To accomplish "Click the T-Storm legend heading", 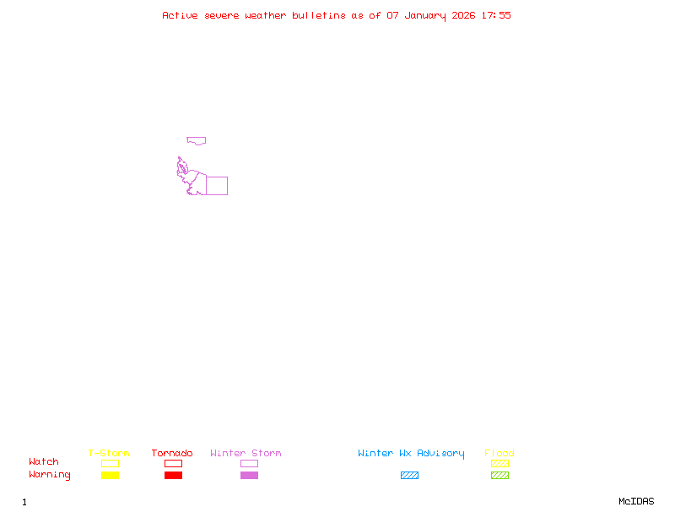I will [109, 454].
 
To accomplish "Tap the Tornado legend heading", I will [172, 454].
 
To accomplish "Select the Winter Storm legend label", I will [246, 454].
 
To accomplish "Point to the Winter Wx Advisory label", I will [411, 454].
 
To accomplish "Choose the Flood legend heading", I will [499, 454].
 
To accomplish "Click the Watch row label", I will [44, 462].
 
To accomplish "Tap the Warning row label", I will [50, 475].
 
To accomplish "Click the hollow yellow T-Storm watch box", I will [110, 463].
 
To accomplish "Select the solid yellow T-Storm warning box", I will [110, 475].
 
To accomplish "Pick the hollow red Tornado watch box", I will [173, 463].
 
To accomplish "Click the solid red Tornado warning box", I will [173, 475].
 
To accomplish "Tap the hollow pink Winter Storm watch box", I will [249, 463].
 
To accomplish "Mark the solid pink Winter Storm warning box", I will [249, 475].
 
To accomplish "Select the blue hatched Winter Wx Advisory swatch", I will [409, 475].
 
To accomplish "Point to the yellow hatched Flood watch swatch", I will [499, 463].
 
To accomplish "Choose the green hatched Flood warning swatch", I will [499, 475].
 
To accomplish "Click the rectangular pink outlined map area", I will [217, 186].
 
